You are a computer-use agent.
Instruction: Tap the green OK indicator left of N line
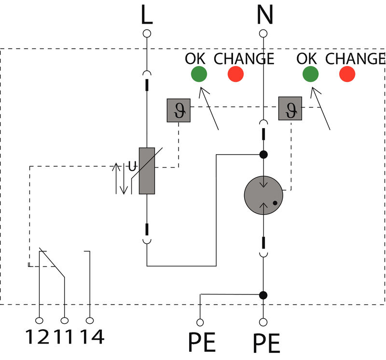199,74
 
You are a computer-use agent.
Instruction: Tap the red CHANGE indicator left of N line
235,74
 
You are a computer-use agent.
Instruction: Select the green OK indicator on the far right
310,74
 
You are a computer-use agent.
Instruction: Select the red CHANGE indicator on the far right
347,74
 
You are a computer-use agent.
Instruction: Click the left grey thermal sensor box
179,110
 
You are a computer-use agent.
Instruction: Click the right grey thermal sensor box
290,108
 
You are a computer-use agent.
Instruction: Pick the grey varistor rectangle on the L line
147,171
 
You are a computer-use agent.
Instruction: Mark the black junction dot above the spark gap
263,155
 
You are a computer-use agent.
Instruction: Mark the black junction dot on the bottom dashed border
263,294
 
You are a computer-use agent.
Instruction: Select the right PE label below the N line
266,344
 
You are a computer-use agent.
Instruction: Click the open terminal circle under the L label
147,34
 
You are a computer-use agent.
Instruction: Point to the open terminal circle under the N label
263,34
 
